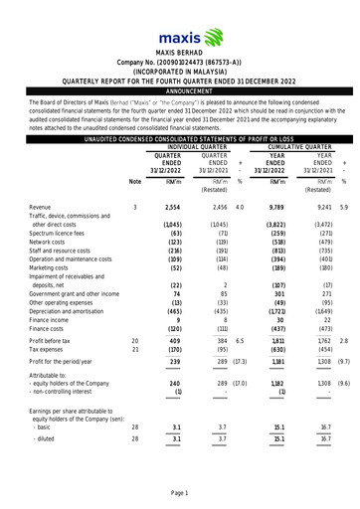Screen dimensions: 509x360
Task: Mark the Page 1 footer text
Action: (x=179, y=493)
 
